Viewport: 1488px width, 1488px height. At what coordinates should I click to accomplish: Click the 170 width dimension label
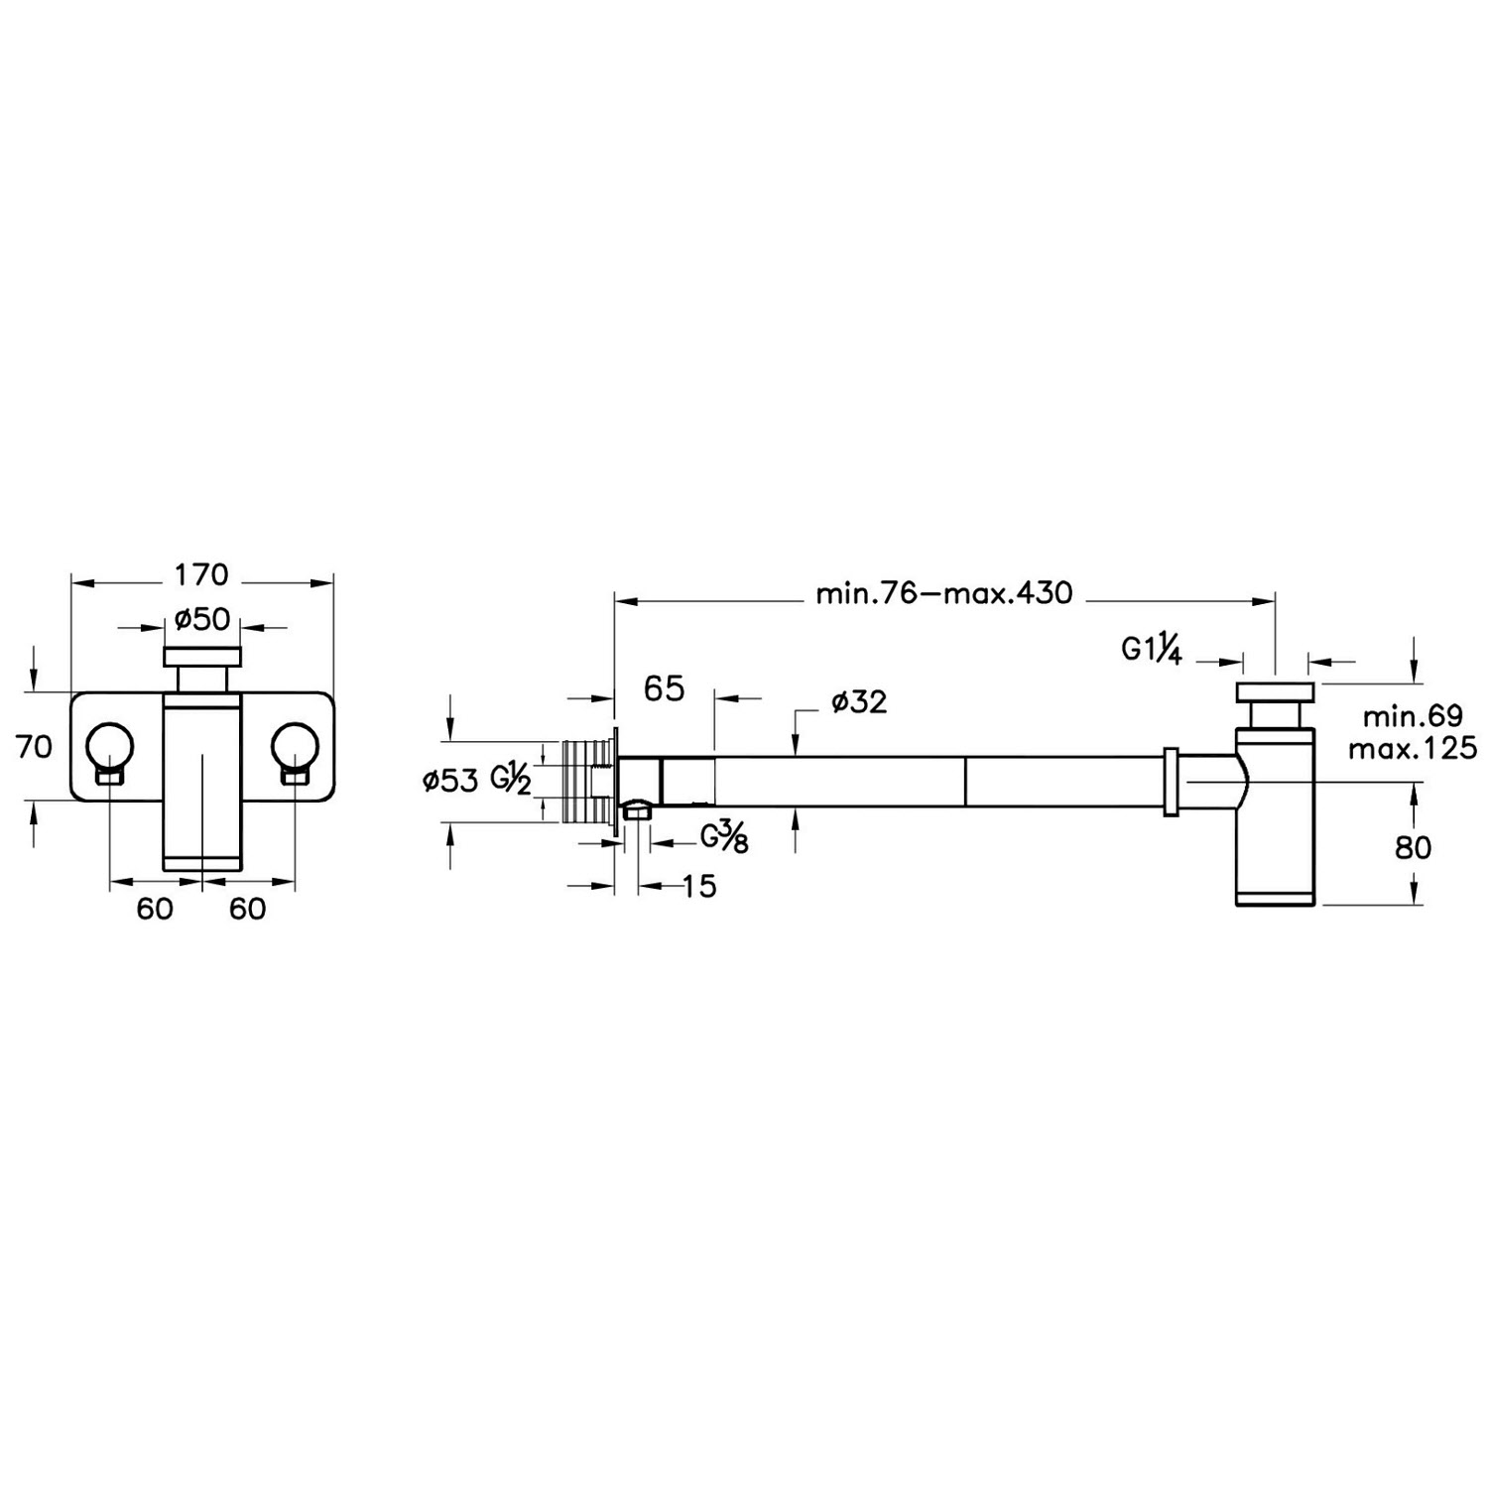click(x=201, y=575)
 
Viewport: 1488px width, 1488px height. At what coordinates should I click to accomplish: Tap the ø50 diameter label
click(x=202, y=620)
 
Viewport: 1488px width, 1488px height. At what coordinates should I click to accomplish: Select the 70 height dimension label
click(x=34, y=746)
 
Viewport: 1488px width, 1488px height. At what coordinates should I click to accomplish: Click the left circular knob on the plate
click(x=109, y=746)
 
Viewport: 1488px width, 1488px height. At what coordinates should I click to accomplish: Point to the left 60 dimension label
click(x=155, y=909)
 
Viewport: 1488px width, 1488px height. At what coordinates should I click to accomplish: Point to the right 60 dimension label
click(x=248, y=909)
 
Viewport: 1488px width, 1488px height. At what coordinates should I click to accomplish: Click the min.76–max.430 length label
click(x=943, y=593)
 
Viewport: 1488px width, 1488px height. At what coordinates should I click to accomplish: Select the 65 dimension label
click(x=664, y=688)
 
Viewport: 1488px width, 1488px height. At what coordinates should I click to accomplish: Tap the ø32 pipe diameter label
click(x=859, y=702)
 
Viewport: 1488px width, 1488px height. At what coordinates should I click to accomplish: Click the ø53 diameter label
click(x=450, y=781)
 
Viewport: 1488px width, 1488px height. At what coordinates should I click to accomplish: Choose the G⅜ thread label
click(x=724, y=838)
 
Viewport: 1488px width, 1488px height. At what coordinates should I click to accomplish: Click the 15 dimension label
click(x=699, y=886)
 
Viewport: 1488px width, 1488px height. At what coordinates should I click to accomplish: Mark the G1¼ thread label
click(x=1152, y=650)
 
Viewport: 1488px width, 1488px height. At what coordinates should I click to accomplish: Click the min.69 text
click(x=1413, y=716)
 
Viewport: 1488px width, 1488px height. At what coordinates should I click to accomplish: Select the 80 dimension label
click(x=1413, y=847)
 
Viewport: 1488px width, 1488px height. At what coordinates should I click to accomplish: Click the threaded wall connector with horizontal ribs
click(x=585, y=783)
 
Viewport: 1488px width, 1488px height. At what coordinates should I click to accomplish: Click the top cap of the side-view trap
click(x=1275, y=691)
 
